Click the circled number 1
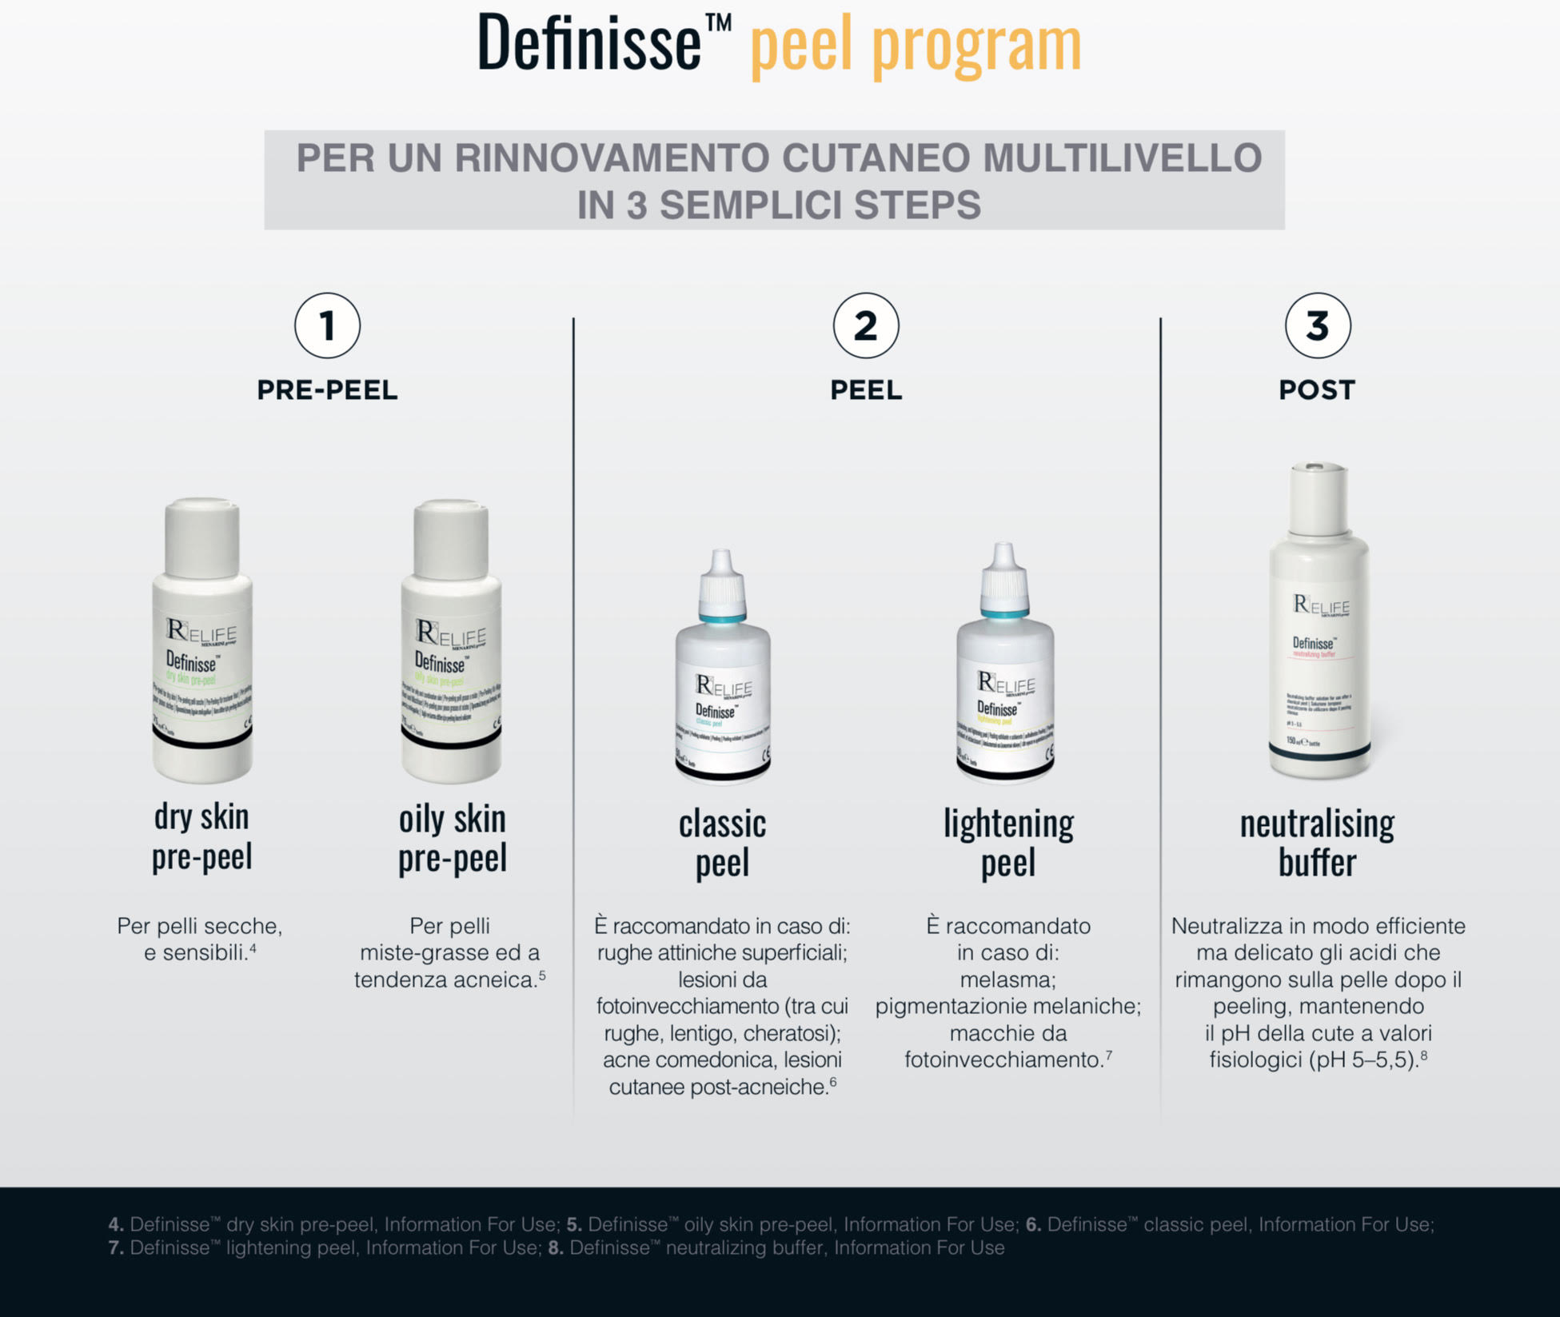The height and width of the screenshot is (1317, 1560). (327, 326)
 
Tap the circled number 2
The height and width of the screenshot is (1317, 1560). (865, 326)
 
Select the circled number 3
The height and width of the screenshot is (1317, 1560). (1317, 326)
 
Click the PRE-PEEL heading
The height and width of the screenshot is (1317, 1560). (327, 390)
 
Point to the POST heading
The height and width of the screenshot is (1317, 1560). (1317, 390)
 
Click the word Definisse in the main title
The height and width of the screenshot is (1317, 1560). (589, 44)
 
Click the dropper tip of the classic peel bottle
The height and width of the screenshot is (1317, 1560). (722, 560)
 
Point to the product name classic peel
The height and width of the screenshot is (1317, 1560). (722, 844)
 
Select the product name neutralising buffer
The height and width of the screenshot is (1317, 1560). (1317, 844)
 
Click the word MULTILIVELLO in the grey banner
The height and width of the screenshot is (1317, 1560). (1122, 158)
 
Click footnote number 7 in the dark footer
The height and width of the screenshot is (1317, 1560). (116, 1248)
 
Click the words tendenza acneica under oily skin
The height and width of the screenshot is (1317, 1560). (445, 980)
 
